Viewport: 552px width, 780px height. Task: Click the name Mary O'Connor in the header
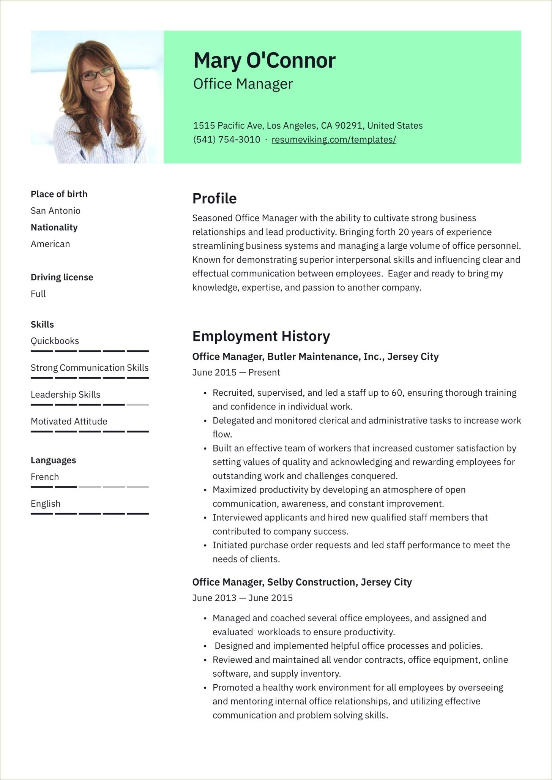click(x=264, y=60)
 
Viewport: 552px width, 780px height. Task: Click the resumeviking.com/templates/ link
click(x=334, y=140)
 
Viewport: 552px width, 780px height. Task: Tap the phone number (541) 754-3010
click(x=227, y=140)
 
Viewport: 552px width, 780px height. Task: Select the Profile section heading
click(x=214, y=199)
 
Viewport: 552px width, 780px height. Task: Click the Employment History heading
click(x=261, y=336)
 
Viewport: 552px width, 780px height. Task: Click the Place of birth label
click(x=59, y=194)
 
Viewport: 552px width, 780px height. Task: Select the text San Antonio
click(x=55, y=211)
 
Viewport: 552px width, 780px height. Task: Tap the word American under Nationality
click(x=50, y=244)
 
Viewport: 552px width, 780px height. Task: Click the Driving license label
click(x=62, y=277)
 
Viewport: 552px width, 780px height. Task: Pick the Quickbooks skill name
click(x=55, y=341)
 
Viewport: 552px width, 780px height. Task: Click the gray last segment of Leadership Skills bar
click(x=138, y=405)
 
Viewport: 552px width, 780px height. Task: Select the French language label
click(x=45, y=477)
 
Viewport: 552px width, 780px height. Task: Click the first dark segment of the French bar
click(x=42, y=487)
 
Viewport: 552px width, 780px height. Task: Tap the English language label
click(x=46, y=504)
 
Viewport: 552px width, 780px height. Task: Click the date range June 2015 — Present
click(x=236, y=373)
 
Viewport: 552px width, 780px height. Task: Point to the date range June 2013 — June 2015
click(x=242, y=598)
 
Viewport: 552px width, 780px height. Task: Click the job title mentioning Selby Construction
click(x=302, y=582)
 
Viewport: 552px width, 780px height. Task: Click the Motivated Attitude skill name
click(x=69, y=422)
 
